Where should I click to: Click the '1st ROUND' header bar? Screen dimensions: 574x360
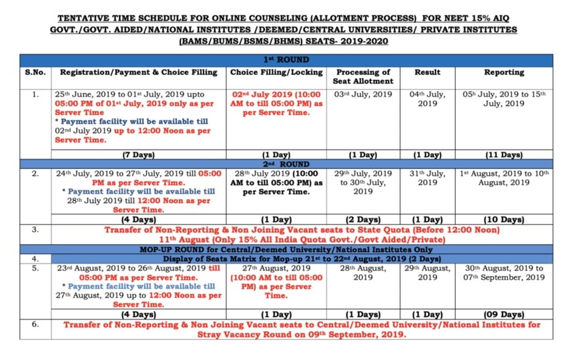[x=286, y=59]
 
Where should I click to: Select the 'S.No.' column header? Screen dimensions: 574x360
[x=35, y=72]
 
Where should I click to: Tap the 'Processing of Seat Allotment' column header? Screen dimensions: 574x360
[x=363, y=76]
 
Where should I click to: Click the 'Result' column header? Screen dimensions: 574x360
[x=427, y=72]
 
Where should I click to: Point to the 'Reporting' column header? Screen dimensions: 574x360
[x=504, y=72]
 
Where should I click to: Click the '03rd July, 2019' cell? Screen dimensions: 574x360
[x=363, y=94]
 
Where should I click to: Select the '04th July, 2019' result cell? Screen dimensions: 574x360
[x=427, y=99]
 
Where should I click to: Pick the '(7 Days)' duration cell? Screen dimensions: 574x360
[x=138, y=155]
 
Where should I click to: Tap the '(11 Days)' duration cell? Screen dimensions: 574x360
[x=504, y=155]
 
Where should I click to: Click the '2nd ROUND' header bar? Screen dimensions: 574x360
[x=286, y=163]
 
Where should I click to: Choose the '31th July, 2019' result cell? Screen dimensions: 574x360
[x=427, y=178]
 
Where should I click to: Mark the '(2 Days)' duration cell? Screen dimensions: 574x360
[x=363, y=219]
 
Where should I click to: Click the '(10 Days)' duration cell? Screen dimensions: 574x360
[x=504, y=219]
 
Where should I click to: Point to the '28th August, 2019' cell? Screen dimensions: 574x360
[x=363, y=273]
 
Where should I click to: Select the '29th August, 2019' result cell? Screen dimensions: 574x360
[x=427, y=273]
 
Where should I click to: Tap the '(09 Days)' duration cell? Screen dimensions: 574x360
[x=504, y=314]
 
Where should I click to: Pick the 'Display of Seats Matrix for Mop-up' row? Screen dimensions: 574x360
[x=286, y=258]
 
